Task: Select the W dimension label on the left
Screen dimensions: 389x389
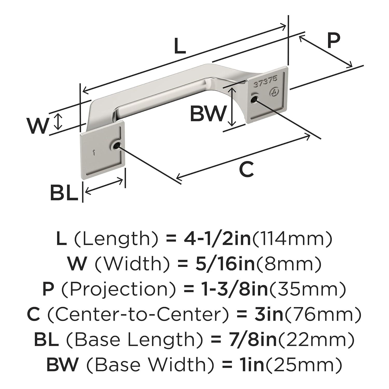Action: (38, 126)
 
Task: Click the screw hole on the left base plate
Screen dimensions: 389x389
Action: (116, 146)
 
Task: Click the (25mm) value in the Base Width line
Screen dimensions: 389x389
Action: (303, 364)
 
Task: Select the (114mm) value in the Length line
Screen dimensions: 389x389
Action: (292, 239)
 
